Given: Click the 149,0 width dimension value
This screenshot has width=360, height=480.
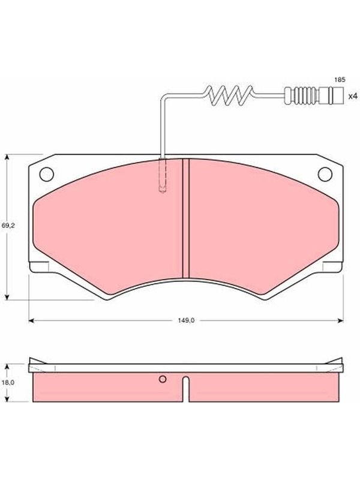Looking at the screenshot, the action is click(x=186, y=320).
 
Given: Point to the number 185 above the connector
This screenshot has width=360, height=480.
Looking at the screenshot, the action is click(x=340, y=80).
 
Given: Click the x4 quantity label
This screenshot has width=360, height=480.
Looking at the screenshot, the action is click(x=353, y=96).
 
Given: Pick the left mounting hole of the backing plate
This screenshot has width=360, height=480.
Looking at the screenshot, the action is click(x=47, y=174).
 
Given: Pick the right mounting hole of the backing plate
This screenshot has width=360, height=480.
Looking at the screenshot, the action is click(x=325, y=174).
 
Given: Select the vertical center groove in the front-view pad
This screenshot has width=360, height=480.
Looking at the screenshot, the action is click(x=186, y=218).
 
